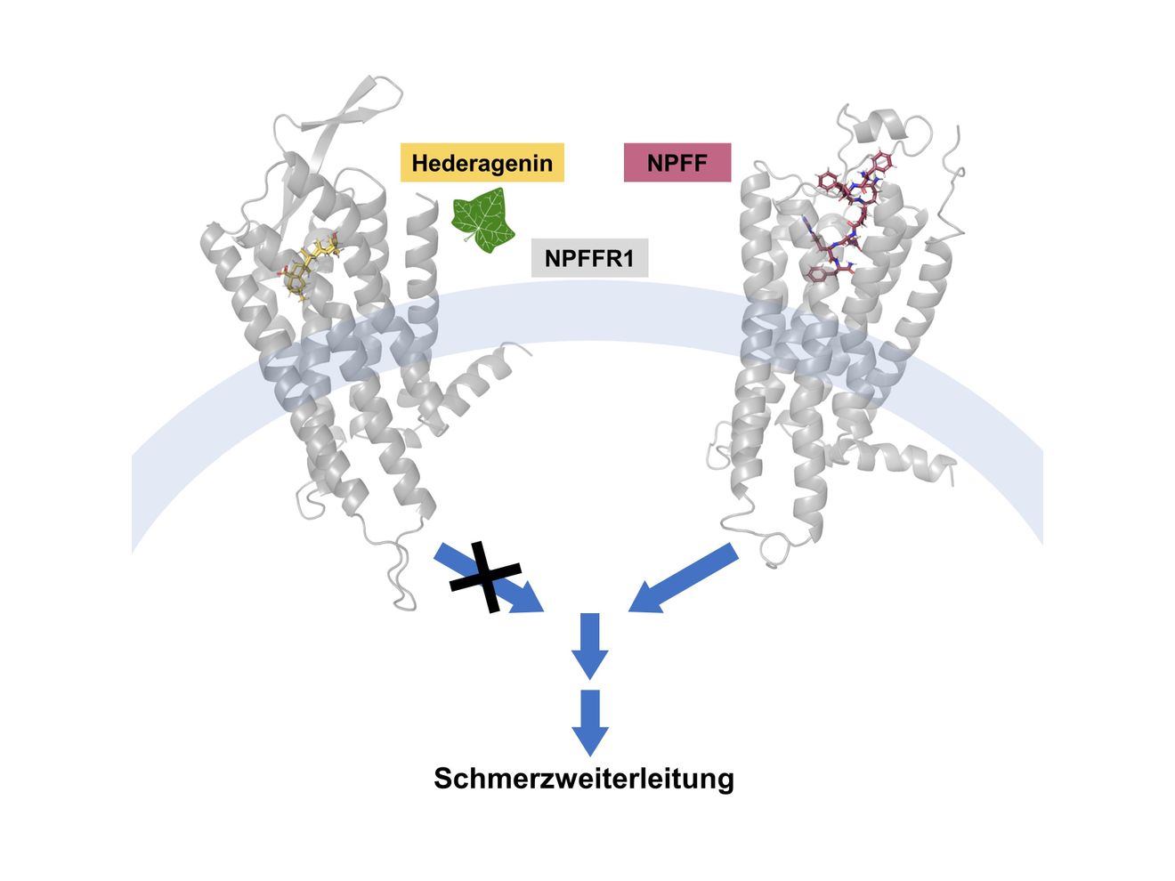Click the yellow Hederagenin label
click(482, 162)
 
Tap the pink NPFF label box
click(677, 162)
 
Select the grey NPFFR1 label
click(589, 258)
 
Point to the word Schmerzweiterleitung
click(583, 779)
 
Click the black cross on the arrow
click(485, 577)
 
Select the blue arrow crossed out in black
click(488, 578)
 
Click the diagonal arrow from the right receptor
click(684, 578)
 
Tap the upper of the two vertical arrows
click(589, 646)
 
